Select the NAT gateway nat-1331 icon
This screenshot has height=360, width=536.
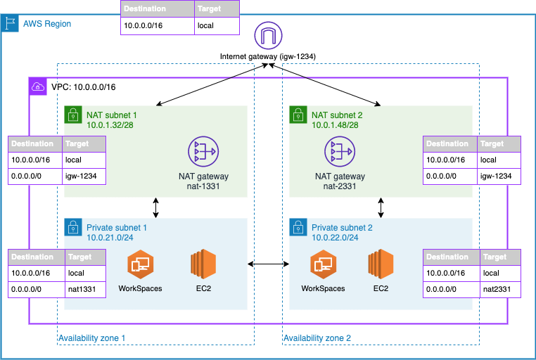click(x=203, y=150)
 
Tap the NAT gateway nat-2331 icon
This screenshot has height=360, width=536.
click(x=340, y=150)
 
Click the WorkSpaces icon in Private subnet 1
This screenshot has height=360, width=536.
click(x=140, y=264)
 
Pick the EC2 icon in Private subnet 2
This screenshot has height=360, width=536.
click(x=381, y=264)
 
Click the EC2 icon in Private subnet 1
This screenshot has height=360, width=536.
click(x=203, y=264)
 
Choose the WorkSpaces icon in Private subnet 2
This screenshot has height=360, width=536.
click(x=322, y=264)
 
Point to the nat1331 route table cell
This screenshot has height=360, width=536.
click(x=84, y=288)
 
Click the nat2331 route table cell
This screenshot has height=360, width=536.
click(x=499, y=288)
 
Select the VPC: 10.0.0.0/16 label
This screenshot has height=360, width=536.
click(x=83, y=87)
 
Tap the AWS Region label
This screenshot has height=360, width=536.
click(x=46, y=24)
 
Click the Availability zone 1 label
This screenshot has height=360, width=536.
click(x=91, y=338)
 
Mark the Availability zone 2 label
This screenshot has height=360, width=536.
click(x=317, y=338)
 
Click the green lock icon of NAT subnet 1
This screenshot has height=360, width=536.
click(x=72, y=114)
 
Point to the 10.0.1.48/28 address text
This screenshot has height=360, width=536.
click(x=336, y=124)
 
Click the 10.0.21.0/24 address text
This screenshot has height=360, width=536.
click(x=110, y=238)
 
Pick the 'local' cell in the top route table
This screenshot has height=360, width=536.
click(x=217, y=26)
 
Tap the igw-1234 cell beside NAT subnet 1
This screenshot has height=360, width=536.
click(x=84, y=176)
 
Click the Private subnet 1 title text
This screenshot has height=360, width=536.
click(x=116, y=228)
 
